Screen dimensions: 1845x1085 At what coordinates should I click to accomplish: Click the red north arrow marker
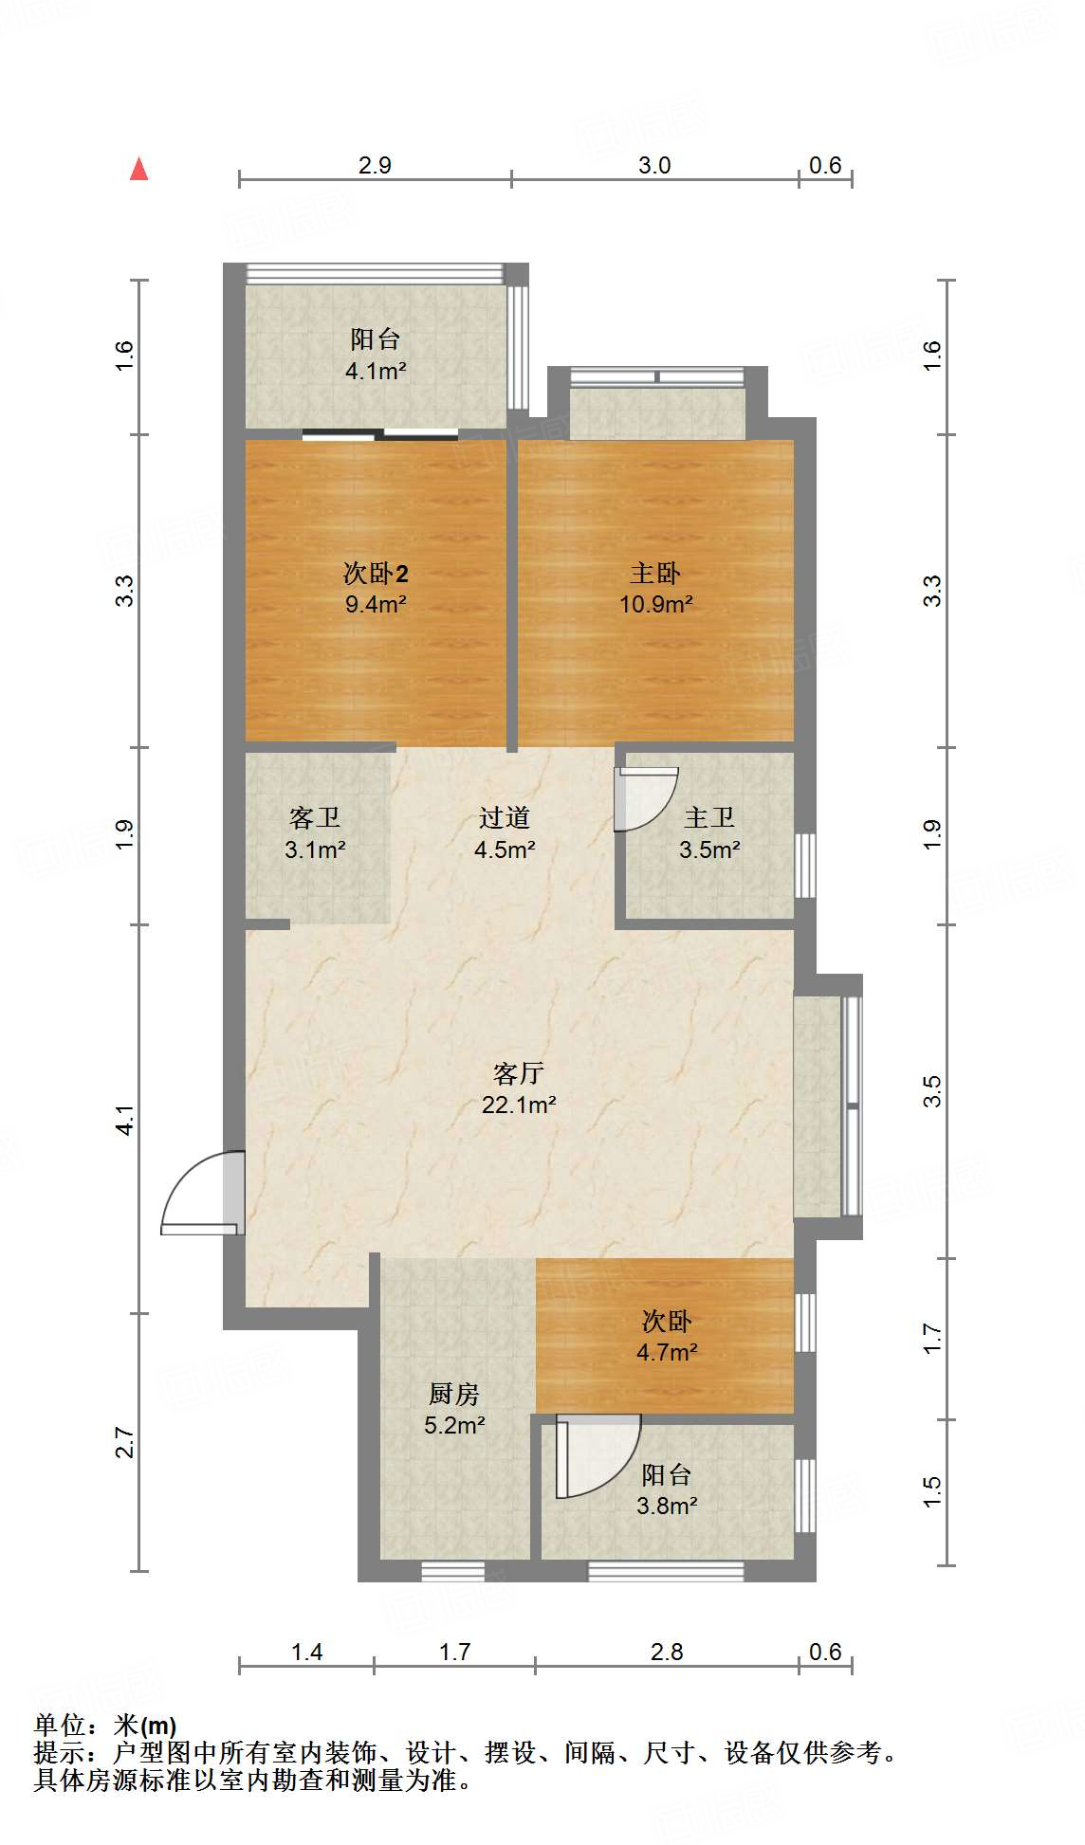pos(139,170)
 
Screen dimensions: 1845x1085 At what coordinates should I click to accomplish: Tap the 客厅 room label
pos(518,1073)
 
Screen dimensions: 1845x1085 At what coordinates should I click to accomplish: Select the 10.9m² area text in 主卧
pos(655,604)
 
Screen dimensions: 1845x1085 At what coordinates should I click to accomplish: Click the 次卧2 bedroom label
pos(376,573)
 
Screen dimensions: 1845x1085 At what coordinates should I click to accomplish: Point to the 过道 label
pos(504,817)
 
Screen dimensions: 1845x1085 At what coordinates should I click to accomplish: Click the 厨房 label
pos(454,1394)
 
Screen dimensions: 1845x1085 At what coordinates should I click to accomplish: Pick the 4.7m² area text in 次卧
pos(667,1353)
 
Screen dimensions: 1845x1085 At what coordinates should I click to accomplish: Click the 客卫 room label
pos(314,817)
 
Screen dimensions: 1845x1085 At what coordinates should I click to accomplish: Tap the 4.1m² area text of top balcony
pos(376,371)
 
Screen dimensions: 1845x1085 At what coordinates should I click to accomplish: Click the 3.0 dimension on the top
pos(654,166)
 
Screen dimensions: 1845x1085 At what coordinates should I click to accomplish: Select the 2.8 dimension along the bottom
pos(667,1653)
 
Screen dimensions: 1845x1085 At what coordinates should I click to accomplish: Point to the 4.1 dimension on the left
pos(125,1120)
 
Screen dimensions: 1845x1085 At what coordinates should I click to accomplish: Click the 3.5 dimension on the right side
pos(933,1091)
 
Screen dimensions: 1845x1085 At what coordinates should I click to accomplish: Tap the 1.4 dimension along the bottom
pos(306,1653)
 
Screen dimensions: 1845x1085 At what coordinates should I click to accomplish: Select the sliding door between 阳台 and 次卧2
pos(380,435)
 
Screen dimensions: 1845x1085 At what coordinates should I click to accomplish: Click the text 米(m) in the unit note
pos(145,1726)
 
